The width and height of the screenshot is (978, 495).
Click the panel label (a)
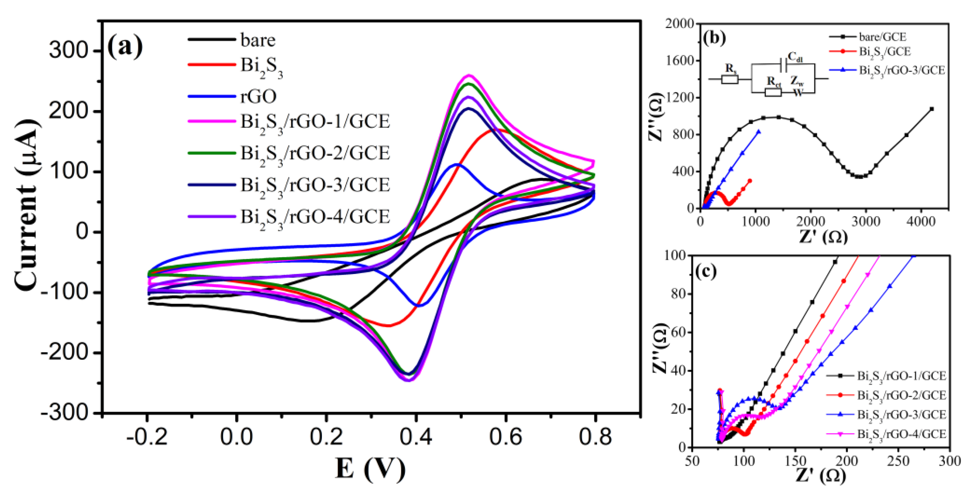click(125, 46)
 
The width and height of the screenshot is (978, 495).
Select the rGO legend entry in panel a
click(258, 96)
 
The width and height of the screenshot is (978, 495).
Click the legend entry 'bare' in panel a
click(258, 40)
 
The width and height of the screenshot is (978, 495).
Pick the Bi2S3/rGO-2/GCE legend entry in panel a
click(315, 153)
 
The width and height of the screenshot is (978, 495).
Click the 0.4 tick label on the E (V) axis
click(416, 437)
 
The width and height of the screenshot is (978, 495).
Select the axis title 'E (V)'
click(370, 468)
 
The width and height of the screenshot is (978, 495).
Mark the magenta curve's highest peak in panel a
click(469, 75)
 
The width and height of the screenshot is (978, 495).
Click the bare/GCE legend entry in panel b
click(882, 37)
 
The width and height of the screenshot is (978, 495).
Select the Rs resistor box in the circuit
click(730, 79)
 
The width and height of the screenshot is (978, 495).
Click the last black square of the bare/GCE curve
click(931, 109)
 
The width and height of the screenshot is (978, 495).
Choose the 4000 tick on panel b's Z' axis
click(921, 222)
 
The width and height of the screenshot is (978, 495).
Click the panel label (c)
click(706, 272)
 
